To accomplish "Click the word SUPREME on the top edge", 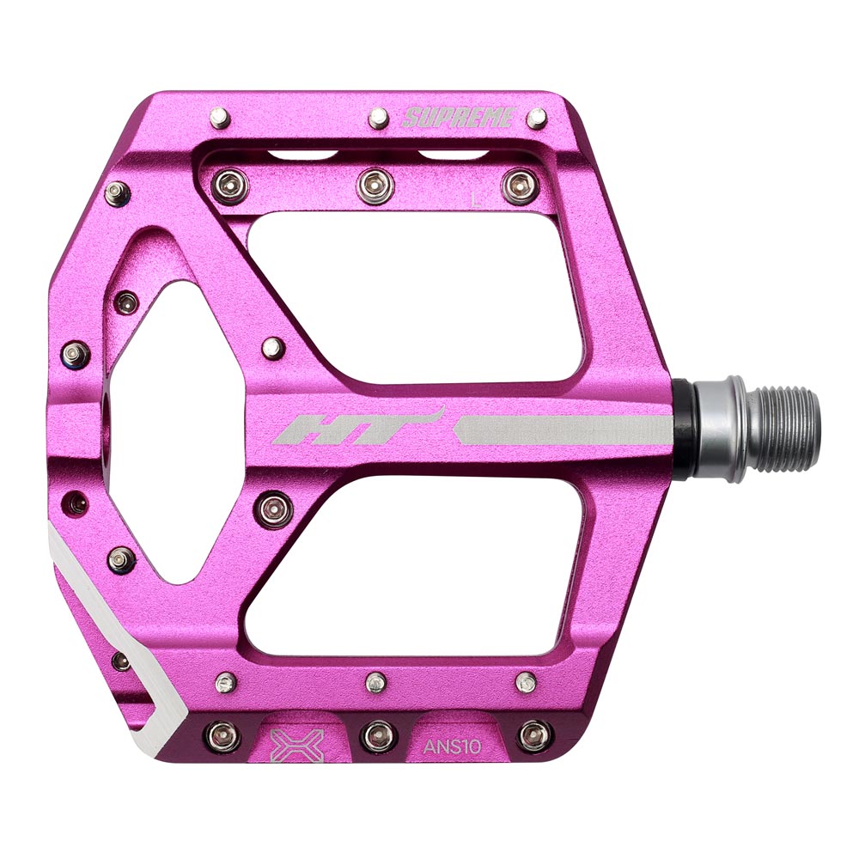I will pyautogui.click(x=457, y=118).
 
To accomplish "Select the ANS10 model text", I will pyautogui.click(x=452, y=746).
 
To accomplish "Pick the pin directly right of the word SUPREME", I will pyautogui.click(x=537, y=118).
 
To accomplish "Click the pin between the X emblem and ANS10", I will pyautogui.click(x=375, y=734).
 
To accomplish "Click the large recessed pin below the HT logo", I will pyautogui.click(x=275, y=509).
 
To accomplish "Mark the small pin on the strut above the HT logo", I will pyautogui.click(x=275, y=346).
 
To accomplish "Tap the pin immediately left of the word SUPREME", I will pyautogui.click(x=378, y=118).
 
